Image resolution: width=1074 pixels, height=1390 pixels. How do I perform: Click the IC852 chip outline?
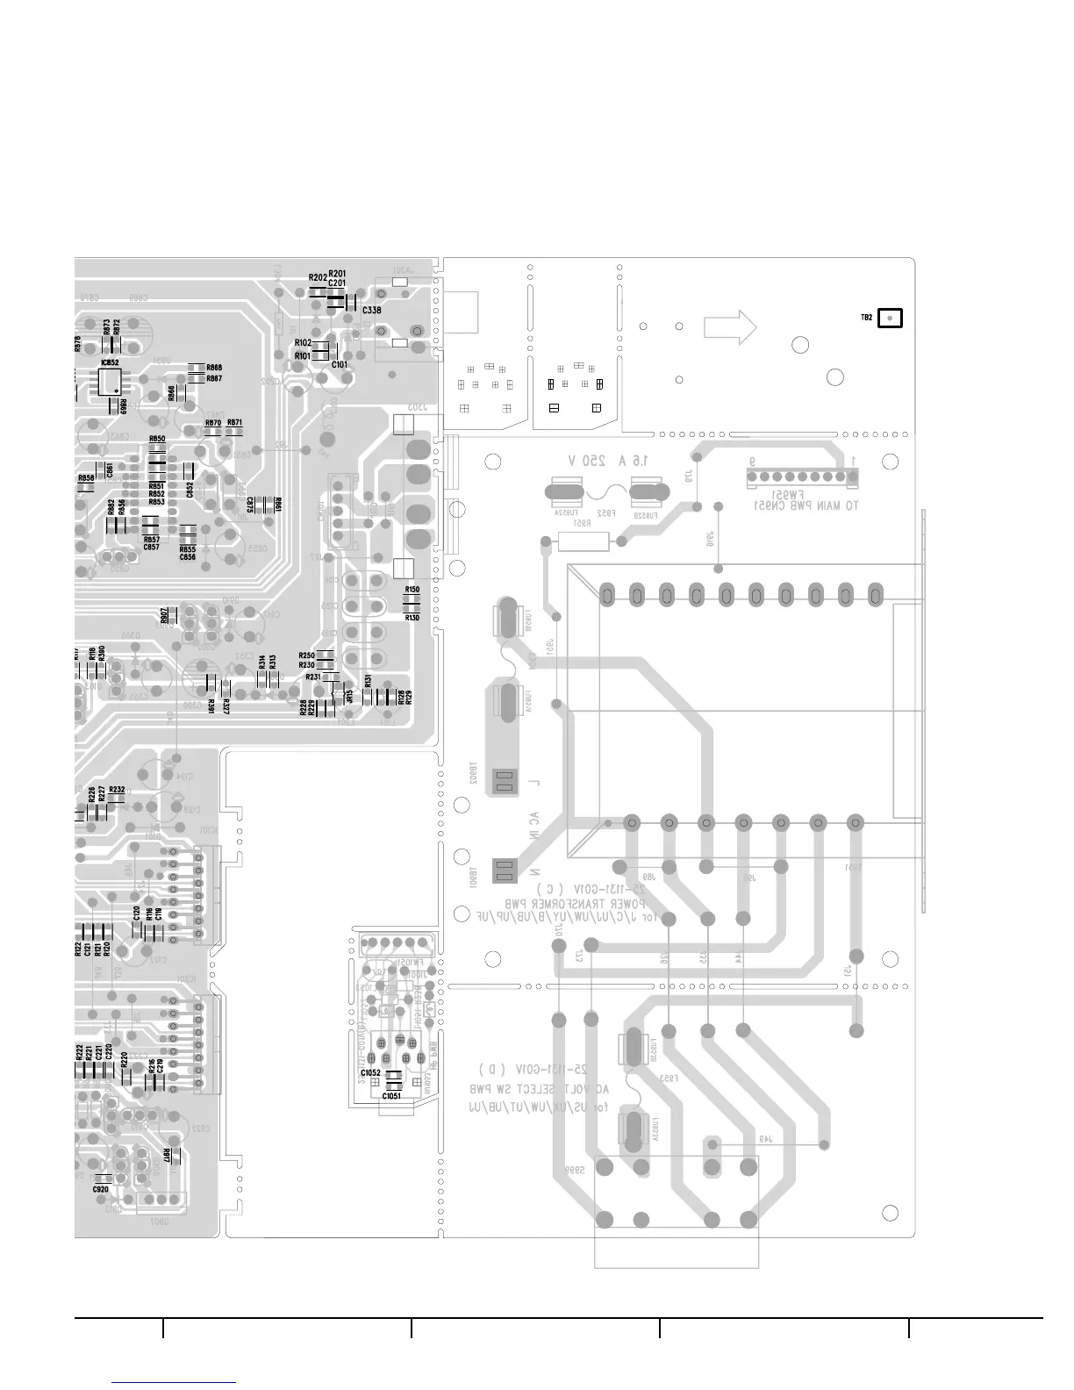pos(111,381)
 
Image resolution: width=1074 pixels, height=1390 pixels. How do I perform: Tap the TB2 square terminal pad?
pos(890,318)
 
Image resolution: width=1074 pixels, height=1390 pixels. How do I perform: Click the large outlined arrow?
pos(730,326)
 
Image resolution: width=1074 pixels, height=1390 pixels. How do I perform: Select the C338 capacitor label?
pos(371,311)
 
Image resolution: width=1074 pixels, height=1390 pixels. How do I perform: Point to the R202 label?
pos(318,278)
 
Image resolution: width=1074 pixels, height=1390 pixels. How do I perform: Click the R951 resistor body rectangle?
pos(583,543)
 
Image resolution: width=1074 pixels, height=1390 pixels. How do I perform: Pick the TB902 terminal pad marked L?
pos(504,780)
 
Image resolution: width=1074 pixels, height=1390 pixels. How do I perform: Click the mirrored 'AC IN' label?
pos(534,825)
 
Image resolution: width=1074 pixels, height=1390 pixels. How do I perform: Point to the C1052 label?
pos(370,1073)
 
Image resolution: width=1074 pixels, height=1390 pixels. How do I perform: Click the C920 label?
pos(100,1189)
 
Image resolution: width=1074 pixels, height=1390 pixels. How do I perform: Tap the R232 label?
pos(117,790)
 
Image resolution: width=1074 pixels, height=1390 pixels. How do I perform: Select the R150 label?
pos(412,590)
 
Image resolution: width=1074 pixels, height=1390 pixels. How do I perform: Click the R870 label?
pos(213,423)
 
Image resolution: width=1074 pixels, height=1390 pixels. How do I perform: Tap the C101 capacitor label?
pos(340,364)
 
